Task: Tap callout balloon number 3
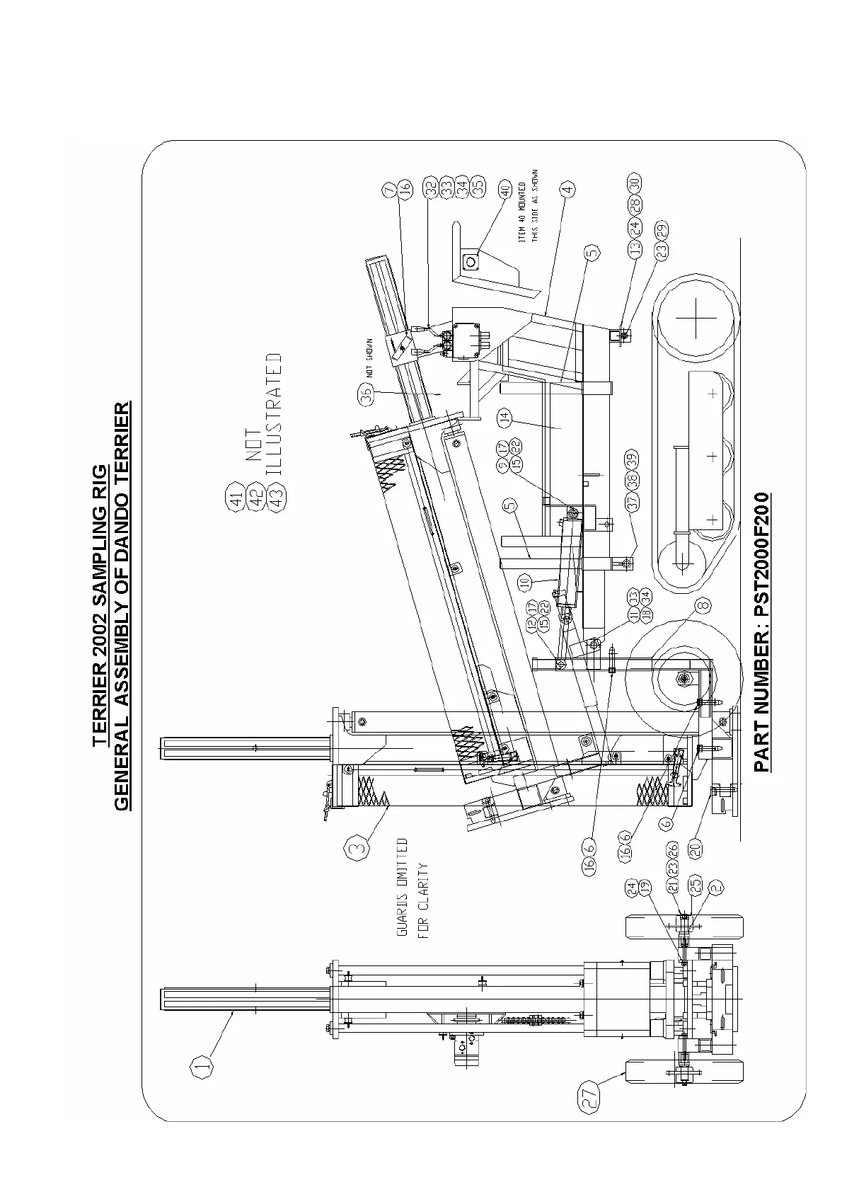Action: pos(357,847)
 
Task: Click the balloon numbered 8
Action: pos(702,606)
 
